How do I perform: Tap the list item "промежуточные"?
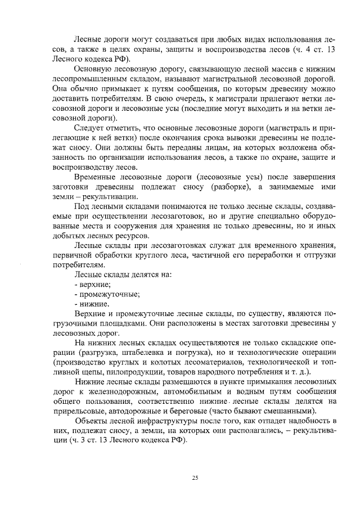point(108,295)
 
